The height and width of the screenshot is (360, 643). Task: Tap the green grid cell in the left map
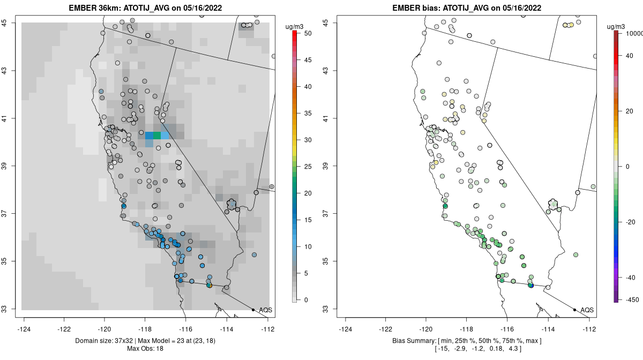tap(156, 135)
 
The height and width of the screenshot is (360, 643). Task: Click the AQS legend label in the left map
tap(265, 310)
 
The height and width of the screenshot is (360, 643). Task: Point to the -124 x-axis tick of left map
tap(24, 329)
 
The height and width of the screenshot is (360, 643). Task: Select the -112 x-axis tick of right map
tap(589, 329)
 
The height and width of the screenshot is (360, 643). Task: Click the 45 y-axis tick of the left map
tap(10, 22)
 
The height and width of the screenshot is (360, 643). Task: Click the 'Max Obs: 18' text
tap(145, 349)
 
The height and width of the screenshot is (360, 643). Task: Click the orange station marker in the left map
tap(210, 286)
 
